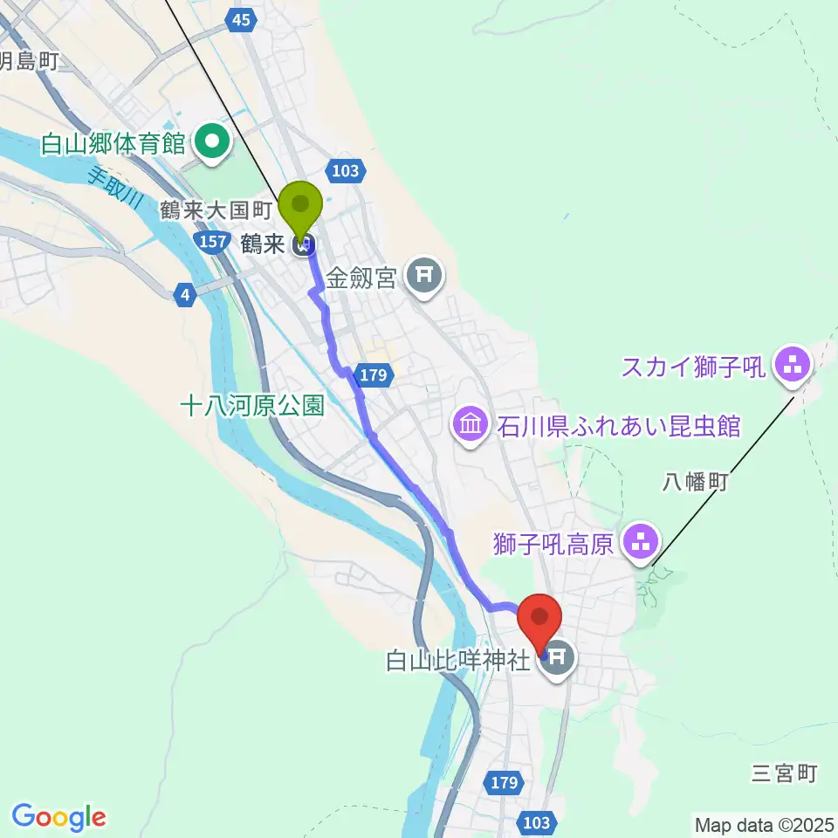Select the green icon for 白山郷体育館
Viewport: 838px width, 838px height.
pos(212,141)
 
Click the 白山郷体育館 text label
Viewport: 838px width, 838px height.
pos(113,143)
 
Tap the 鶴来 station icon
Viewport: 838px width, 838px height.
pos(303,245)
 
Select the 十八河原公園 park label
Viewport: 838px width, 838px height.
pos(251,405)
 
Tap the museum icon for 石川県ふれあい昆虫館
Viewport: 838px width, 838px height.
pos(471,425)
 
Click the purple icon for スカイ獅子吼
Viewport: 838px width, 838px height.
pos(793,366)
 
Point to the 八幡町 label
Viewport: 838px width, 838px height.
pos(696,481)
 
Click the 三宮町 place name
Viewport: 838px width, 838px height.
pos(785,773)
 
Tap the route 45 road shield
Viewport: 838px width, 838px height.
pos(243,20)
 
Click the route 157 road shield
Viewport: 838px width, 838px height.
pos(214,244)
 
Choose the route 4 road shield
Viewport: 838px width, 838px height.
pos(183,296)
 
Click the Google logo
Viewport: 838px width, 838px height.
pos(58,816)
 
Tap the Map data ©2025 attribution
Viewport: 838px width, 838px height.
pos(764,824)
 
